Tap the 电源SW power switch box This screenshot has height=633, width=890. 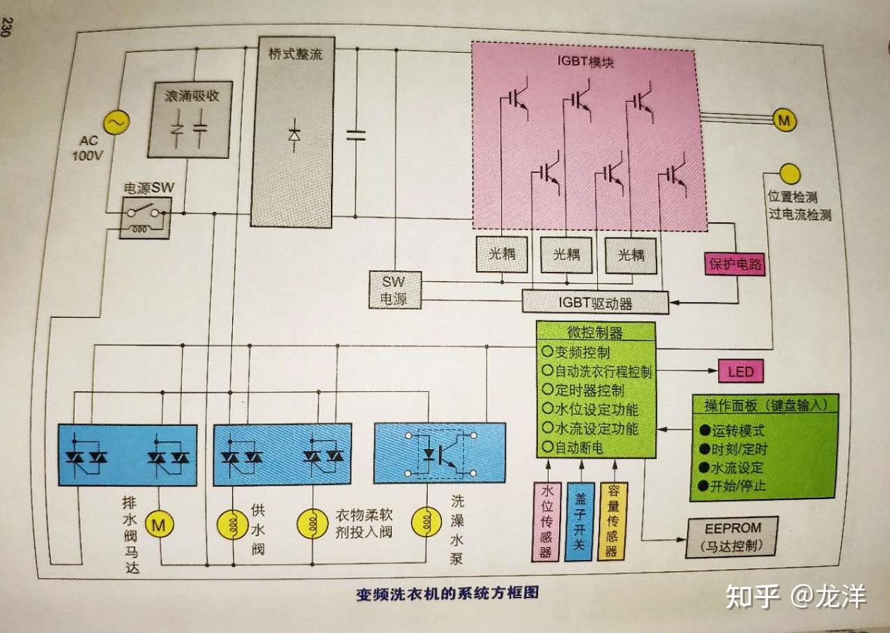(x=146, y=216)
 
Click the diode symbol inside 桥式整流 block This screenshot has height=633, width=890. (x=294, y=135)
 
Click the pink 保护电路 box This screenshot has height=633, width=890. (x=735, y=265)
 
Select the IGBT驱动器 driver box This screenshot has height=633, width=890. (x=595, y=302)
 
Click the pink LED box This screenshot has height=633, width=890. (x=741, y=372)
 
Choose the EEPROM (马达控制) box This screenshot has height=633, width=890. (x=732, y=537)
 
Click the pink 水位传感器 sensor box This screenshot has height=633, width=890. (x=546, y=521)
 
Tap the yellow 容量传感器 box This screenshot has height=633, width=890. (x=612, y=521)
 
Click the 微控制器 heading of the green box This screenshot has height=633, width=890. (x=595, y=333)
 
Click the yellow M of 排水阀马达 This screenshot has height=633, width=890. (x=160, y=524)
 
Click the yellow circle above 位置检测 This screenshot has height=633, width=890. (x=789, y=174)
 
